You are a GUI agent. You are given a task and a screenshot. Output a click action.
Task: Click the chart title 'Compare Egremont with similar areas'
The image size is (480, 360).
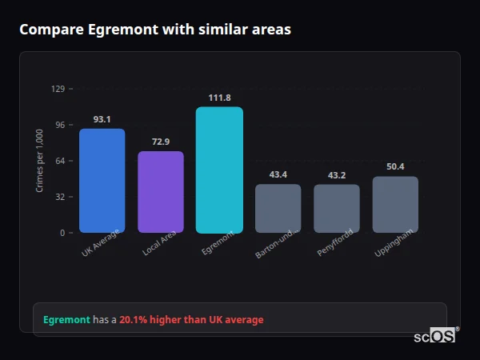pos(155,30)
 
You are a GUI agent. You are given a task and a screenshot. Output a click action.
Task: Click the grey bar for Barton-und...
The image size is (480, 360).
pos(278,209)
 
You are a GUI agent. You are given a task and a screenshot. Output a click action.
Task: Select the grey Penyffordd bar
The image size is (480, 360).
pos(337,209)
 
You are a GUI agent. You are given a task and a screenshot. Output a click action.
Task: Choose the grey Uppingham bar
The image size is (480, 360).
pos(395,205)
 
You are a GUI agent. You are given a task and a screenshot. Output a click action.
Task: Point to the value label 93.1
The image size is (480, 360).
pos(102,119)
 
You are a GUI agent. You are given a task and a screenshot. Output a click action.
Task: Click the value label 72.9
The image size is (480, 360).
pos(161,142)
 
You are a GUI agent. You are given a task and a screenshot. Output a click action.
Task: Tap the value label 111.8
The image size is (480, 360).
pos(219,98)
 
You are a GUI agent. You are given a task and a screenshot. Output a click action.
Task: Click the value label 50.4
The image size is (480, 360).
pos(395,166)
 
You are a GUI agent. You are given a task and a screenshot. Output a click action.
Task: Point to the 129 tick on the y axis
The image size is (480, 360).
pos(58,89)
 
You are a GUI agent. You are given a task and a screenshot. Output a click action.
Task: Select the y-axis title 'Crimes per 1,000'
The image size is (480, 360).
pos(40,161)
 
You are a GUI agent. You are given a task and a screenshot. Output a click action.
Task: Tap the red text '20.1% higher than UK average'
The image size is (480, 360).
pos(191,320)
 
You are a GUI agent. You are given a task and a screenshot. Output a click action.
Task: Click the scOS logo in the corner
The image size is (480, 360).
pos(435,336)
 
